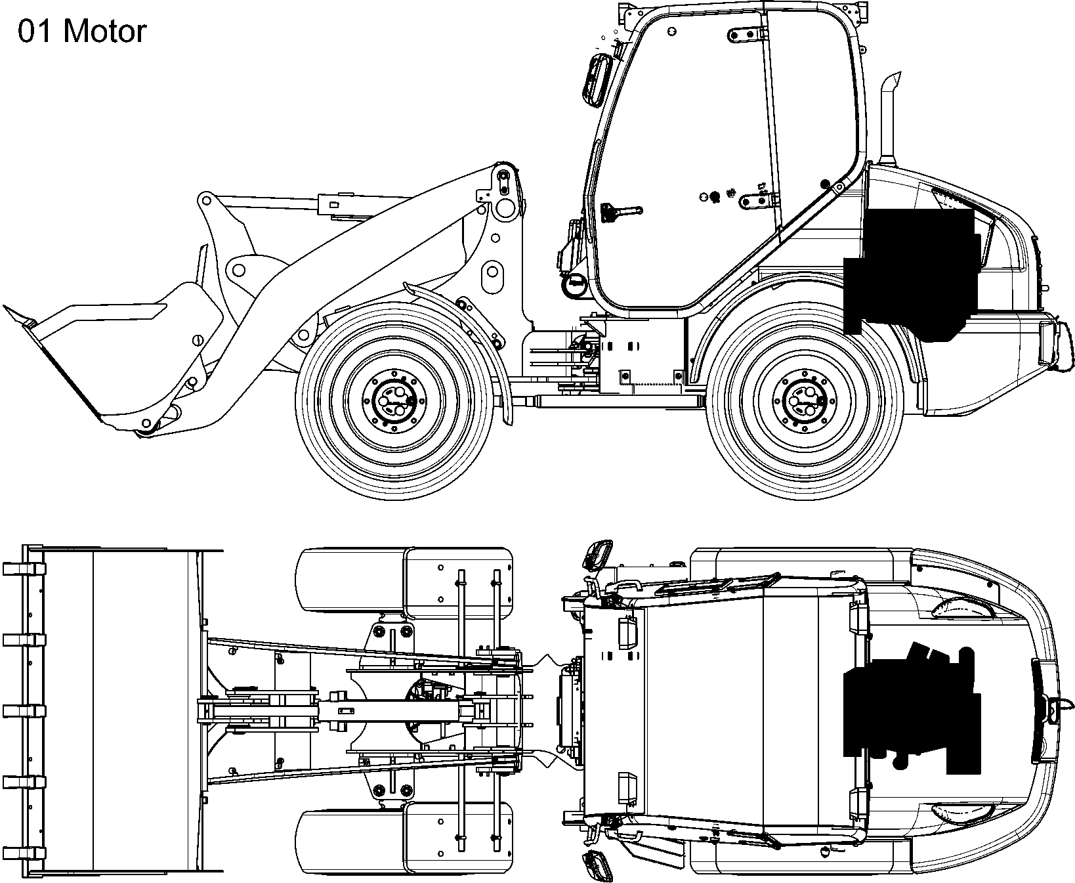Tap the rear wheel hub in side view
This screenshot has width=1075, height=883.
[x=804, y=401]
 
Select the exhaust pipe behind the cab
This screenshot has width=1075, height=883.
[x=889, y=121]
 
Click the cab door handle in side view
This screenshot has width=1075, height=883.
[x=620, y=211]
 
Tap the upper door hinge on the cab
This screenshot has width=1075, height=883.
[x=748, y=35]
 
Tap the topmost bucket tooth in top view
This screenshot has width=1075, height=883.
[x=23, y=569]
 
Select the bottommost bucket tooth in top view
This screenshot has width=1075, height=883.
[x=23, y=853]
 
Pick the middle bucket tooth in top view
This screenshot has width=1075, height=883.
[x=23, y=711]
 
